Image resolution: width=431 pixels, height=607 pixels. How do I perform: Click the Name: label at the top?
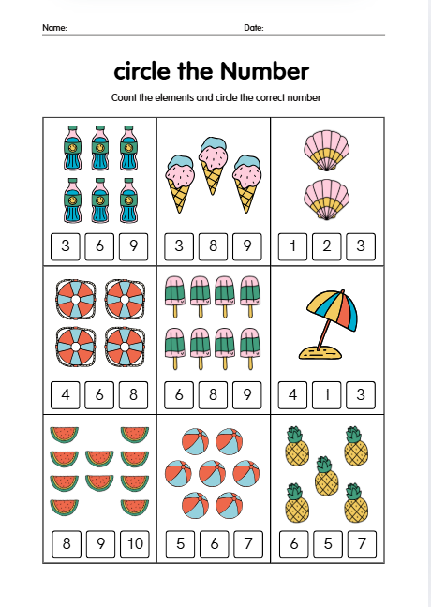pyautogui.click(x=54, y=28)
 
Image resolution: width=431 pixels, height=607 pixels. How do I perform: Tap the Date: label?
pyautogui.click(x=253, y=28)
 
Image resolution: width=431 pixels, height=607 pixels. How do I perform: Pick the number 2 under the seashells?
pyautogui.click(x=326, y=246)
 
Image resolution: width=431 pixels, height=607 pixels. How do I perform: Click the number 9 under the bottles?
pyautogui.click(x=133, y=246)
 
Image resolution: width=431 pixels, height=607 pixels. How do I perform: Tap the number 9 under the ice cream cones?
pyautogui.click(x=246, y=246)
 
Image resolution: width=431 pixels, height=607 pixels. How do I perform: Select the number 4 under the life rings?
pyautogui.click(x=66, y=394)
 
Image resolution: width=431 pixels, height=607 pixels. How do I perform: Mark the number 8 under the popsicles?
pyautogui.click(x=213, y=394)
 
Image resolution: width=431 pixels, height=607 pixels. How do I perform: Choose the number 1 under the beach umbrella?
pyautogui.click(x=326, y=394)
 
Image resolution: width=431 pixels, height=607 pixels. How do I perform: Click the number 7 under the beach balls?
pyautogui.click(x=246, y=542)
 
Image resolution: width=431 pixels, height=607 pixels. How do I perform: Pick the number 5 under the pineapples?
pyautogui.click(x=326, y=542)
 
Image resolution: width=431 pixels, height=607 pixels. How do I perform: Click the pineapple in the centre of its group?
pyautogui.click(x=325, y=478)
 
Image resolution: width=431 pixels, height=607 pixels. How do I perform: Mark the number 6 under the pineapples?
pyautogui.click(x=292, y=542)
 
